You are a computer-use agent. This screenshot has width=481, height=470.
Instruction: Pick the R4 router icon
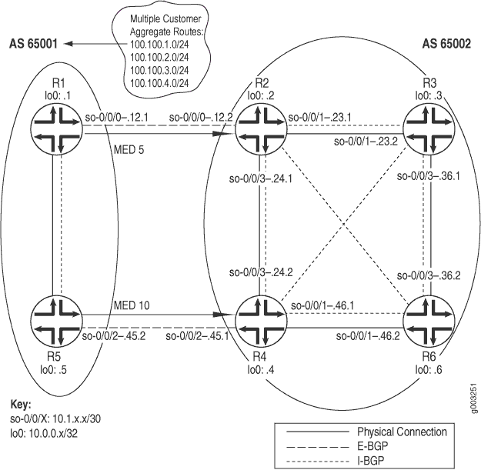[261, 322]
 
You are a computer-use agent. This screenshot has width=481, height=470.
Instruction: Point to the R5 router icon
[57, 322]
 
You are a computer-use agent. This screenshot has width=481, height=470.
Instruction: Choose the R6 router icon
[429, 322]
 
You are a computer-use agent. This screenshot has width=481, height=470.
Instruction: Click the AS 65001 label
[33, 44]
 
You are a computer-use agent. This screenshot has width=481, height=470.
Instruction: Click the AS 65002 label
[446, 44]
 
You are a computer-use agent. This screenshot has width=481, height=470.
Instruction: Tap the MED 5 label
[129, 150]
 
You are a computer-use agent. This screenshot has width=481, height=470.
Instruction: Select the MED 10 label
[132, 305]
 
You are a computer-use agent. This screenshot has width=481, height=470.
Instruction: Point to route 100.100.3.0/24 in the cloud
[159, 71]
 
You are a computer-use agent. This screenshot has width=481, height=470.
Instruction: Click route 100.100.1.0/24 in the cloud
[159, 45]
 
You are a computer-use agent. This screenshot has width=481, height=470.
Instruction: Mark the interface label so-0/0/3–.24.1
[261, 178]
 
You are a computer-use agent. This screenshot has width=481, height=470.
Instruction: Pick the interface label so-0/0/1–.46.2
[368, 336]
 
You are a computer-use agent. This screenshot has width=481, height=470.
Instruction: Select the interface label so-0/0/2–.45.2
[114, 336]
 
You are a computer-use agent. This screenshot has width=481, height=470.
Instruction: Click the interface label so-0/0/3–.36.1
[429, 176]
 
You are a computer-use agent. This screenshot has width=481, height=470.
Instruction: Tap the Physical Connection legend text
[403, 432]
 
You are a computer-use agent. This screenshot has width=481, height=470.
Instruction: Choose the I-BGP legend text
[371, 460]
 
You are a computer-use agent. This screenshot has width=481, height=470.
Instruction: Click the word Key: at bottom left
[21, 405]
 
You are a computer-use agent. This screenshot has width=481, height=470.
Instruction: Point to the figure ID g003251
[474, 398]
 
